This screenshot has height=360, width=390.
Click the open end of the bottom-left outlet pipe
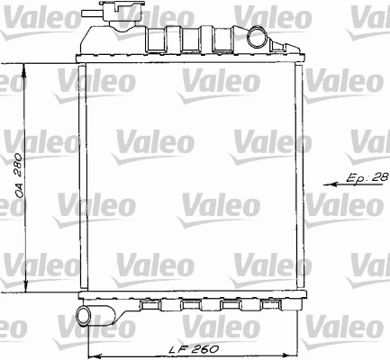tap(82, 316)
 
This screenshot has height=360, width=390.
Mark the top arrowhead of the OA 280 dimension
tap(25, 67)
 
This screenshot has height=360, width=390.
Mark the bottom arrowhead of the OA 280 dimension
tap(25, 292)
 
